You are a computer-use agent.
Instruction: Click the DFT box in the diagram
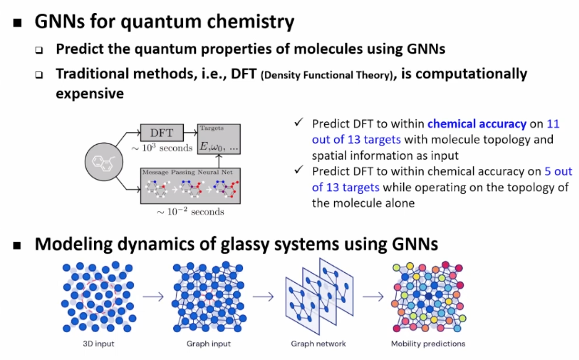point(161,132)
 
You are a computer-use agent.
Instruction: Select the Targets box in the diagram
point(219,139)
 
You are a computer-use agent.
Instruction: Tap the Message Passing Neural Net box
point(190,186)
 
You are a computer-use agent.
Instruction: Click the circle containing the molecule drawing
point(104,161)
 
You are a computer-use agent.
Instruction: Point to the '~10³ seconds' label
point(161,148)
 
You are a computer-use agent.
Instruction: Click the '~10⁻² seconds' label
point(190,212)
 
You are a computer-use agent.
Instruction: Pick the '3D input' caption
point(98,344)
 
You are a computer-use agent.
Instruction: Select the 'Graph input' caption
point(208,344)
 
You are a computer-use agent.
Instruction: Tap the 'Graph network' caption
point(319,344)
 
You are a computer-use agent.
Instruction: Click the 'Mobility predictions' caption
point(428,344)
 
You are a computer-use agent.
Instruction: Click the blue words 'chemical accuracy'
point(477,124)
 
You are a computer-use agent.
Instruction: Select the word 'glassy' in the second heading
point(243,245)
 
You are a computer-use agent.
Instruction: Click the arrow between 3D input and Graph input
point(153,296)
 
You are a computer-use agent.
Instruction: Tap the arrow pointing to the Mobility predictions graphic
point(373,296)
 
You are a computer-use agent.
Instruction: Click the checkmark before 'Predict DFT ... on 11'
point(299,122)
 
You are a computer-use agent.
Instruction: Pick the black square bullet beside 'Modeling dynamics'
point(17,246)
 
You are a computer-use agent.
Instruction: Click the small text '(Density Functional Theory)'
point(327,75)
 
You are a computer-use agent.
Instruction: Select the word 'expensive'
point(90,94)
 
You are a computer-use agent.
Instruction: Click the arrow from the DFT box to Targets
point(191,132)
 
